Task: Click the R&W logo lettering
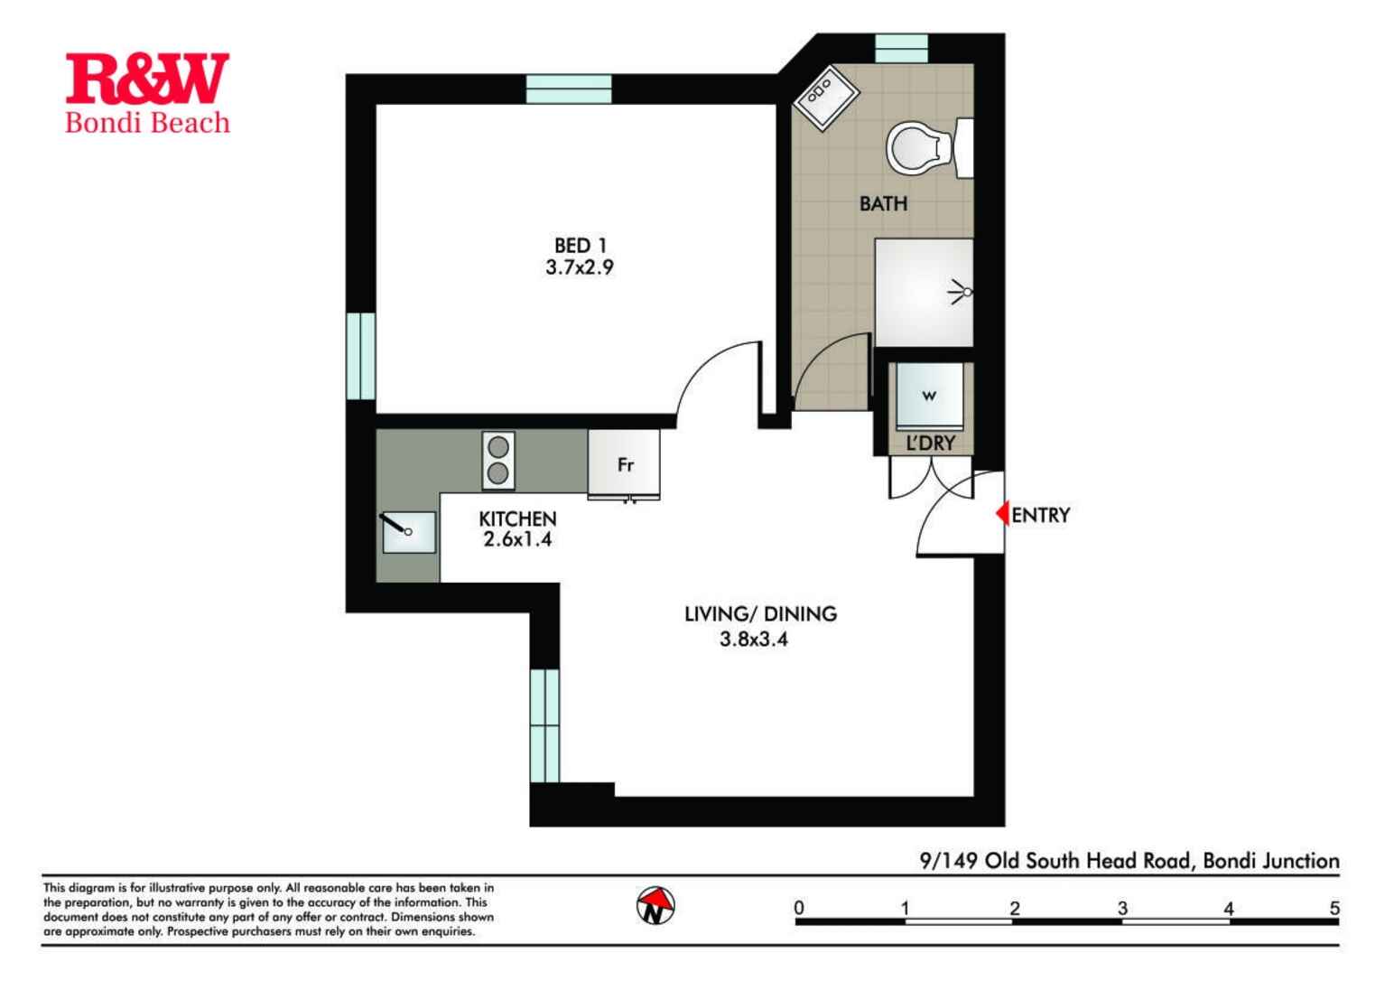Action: pyautogui.click(x=147, y=79)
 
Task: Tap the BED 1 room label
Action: pyautogui.click(x=580, y=245)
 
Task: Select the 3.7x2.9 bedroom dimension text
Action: pyautogui.click(x=580, y=267)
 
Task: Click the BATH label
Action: pyautogui.click(x=883, y=204)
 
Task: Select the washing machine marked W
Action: pyautogui.click(x=928, y=396)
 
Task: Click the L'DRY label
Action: pyautogui.click(x=930, y=444)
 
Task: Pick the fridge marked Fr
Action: pyautogui.click(x=624, y=464)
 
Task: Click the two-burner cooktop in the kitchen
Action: pyautogui.click(x=497, y=460)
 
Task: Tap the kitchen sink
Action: pyautogui.click(x=408, y=532)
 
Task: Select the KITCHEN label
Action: pyautogui.click(x=517, y=519)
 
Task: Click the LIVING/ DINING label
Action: pyautogui.click(x=760, y=614)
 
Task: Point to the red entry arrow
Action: pyautogui.click(x=1001, y=514)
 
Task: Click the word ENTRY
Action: pyautogui.click(x=1040, y=515)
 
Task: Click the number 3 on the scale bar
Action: pyautogui.click(x=1121, y=908)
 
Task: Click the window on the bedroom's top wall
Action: pyautogui.click(x=569, y=89)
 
